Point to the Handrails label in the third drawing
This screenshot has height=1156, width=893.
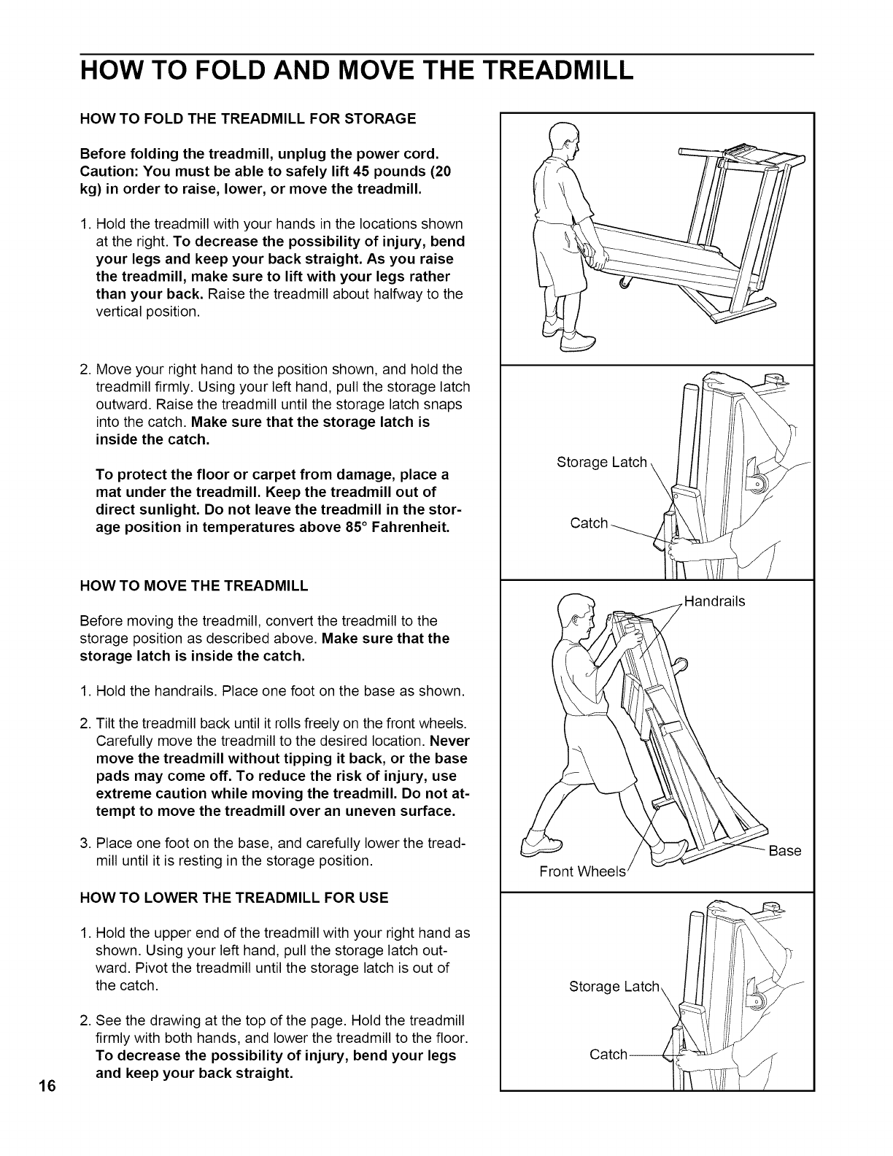coord(715,601)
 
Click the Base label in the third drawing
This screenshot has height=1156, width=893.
coord(785,851)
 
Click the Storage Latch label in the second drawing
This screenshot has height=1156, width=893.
coord(601,462)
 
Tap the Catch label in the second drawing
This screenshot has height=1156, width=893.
coord(589,523)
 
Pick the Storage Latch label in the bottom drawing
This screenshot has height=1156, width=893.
coord(614,987)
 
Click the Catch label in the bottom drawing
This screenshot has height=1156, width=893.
coord(608,1054)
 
